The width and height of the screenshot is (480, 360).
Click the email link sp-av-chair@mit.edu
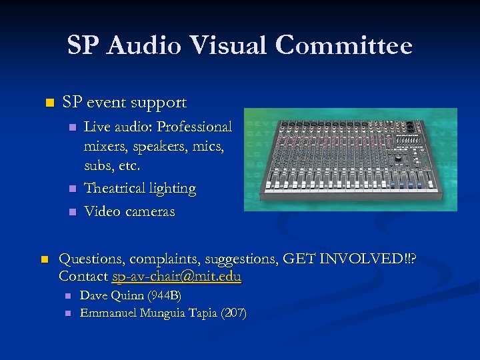point(177,276)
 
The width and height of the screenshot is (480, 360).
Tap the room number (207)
point(235,313)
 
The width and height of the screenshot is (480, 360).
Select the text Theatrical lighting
point(140,189)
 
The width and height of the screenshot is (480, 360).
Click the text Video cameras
point(129,212)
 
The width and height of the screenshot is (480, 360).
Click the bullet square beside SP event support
point(47,103)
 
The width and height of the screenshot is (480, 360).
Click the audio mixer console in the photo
point(351,160)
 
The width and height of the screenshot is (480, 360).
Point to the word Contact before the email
point(83,276)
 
